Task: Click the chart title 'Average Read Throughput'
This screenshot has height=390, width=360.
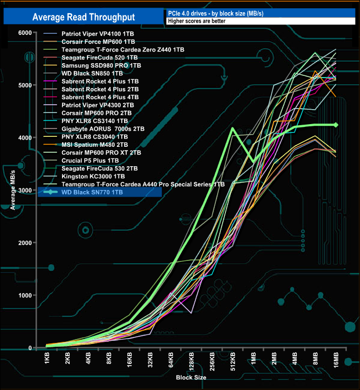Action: pyautogui.click(x=83, y=17)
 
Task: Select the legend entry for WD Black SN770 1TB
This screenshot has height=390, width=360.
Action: pyautogui.click(x=93, y=192)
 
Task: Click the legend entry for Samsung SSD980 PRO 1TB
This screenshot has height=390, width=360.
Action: pyautogui.click(x=92, y=65)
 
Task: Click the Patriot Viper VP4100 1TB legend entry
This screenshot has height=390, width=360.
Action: pyautogui.click(x=98, y=34)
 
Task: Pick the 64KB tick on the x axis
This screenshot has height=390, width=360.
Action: pyautogui.click(x=170, y=360)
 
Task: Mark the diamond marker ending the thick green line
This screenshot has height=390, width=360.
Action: pyautogui.click(x=336, y=125)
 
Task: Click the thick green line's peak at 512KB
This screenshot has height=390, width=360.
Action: pyautogui.click(x=232, y=129)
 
